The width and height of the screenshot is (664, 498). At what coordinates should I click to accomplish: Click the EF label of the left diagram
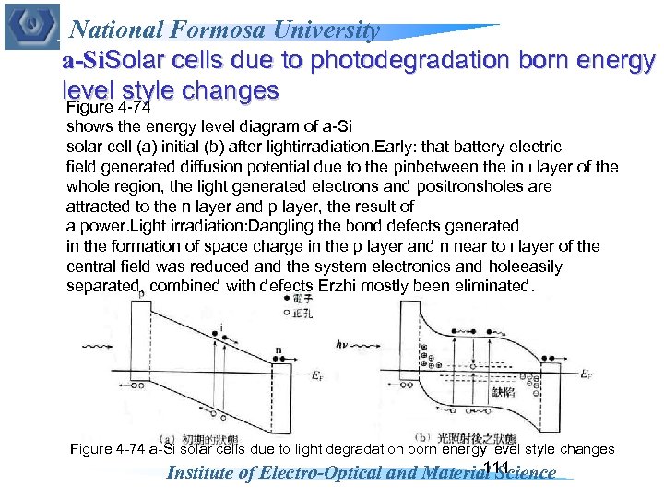tap(314, 375)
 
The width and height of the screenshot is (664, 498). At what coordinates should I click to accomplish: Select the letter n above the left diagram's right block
tap(279, 350)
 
